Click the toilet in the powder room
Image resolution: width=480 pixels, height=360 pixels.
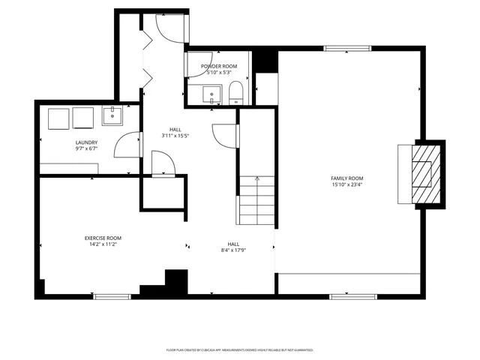coord(235,93)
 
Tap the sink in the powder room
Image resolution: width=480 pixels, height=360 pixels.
coord(212,95)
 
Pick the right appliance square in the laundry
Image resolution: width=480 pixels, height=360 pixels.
coord(82,118)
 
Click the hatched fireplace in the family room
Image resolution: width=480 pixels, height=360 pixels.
coord(424,174)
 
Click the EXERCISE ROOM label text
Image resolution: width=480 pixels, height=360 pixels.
coord(103,238)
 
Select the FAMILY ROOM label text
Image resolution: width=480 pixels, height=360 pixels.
coord(347,178)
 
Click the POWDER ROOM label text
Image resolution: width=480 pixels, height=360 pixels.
coord(219,66)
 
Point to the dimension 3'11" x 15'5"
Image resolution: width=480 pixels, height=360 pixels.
coord(175,136)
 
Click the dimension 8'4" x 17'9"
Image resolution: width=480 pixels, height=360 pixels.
coord(234,250)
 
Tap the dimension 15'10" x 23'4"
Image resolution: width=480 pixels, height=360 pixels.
coord(347,184)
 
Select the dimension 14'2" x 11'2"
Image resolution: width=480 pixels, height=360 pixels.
coord(103,244)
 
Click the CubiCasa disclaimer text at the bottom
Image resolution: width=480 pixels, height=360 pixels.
coord(240,349)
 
